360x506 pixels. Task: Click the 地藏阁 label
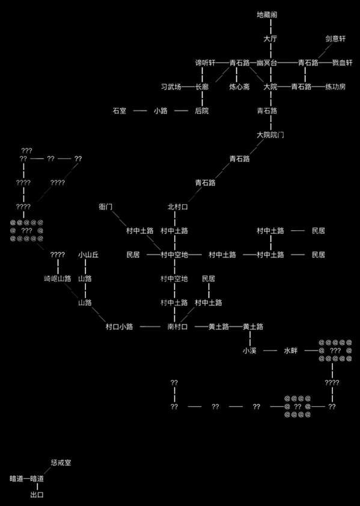267,14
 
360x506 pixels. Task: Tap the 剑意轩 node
335,38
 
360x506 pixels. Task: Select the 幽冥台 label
267,62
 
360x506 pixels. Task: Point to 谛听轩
205,62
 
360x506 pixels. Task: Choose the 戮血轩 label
343,62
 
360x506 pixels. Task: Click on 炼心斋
240,87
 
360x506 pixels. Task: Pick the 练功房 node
335,87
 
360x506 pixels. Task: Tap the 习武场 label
171,87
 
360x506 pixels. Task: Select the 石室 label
120,111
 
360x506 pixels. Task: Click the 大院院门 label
270,135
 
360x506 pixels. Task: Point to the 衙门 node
106,207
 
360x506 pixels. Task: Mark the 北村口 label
177,207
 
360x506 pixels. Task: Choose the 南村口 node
177,326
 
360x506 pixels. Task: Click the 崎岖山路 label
58,279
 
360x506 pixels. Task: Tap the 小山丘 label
88,255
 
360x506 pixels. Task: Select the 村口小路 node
120,326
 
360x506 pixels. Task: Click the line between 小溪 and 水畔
270,351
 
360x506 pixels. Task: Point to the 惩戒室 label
61,463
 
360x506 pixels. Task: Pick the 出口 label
37,495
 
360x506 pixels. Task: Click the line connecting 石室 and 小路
140,111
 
